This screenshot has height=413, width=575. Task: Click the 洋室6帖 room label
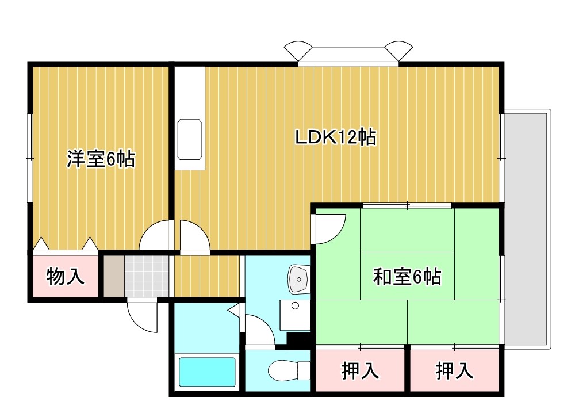101,158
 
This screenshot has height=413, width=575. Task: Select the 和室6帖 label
407,278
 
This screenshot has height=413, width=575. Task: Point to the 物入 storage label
66,277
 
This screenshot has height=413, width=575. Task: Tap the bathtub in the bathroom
207,372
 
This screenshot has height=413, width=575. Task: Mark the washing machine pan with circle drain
295,314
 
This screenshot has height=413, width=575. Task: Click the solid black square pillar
298,340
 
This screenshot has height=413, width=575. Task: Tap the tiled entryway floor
147,275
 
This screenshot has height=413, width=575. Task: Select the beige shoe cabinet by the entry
113,275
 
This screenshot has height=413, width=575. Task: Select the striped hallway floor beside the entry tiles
206,275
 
